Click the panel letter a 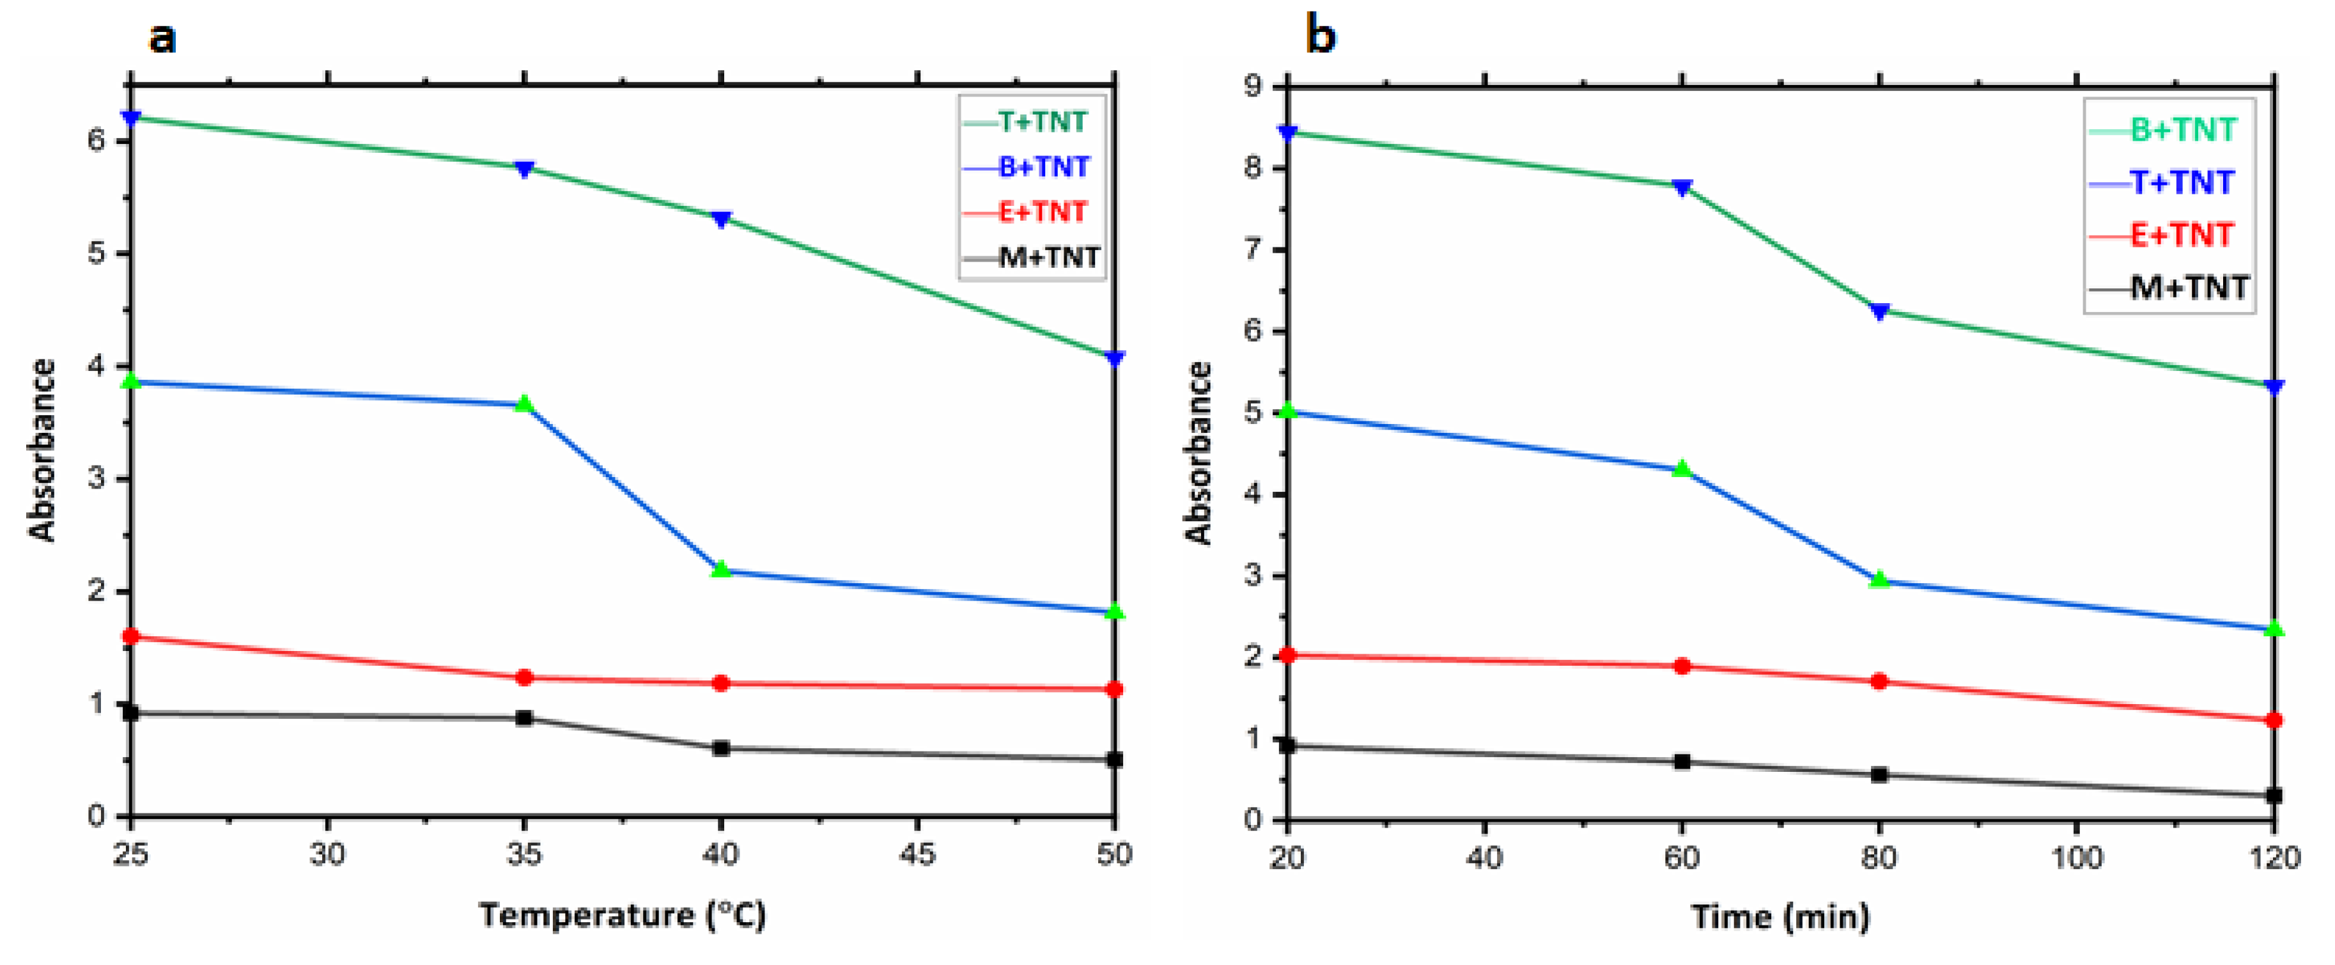pos(162,38)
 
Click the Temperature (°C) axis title pos(623,914)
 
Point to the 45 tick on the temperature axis pos(917,854)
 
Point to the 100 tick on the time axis pos(2075,857)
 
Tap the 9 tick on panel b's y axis pos(1253,87)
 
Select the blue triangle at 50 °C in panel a pos(1115,358)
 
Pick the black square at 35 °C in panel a pos(524,718)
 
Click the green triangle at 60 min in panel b pos(1682,469)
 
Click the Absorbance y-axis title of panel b pos(1199,453)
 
